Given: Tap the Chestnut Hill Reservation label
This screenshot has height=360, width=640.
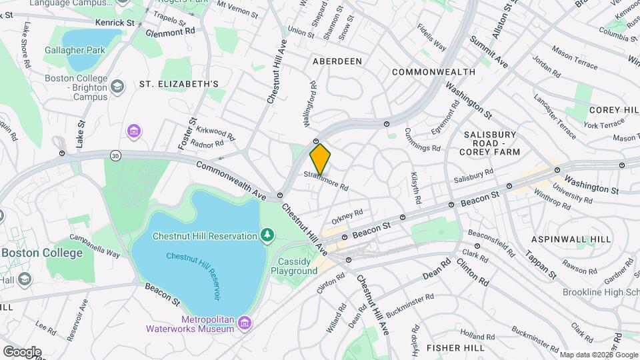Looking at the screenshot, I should (204, 236).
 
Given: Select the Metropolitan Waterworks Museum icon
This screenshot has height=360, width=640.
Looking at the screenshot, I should (245, 324).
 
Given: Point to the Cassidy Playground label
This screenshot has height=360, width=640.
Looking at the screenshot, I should (294, 266).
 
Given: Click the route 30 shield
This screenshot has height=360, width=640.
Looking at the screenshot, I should (116, 155).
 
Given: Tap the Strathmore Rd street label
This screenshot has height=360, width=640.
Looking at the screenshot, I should (327, 181).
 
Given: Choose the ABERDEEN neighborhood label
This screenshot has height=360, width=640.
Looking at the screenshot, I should (337, 61).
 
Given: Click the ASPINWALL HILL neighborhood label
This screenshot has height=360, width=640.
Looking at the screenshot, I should (571, 239).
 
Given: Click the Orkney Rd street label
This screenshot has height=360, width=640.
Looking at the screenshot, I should (347, 217).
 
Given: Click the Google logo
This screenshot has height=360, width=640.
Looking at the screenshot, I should (22, 351).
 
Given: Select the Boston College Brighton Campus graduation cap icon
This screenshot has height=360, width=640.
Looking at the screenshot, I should (117, 87).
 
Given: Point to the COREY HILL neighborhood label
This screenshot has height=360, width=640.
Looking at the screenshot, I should (614, 109).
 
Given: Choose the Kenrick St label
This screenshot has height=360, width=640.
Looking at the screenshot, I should (115, 23).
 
